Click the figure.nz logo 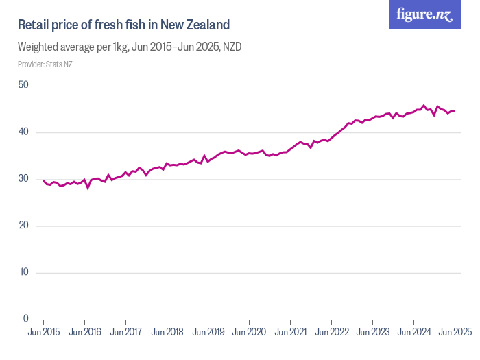424,14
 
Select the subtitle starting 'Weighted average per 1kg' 130,47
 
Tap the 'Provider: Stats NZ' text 45,64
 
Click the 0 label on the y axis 25,319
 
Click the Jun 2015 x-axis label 43,333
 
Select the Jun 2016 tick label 84,333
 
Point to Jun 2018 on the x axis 167,333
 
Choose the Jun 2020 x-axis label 249,333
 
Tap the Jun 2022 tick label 331,333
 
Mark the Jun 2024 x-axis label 413,333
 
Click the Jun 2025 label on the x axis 455,333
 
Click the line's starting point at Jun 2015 43,181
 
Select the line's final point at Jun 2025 454,110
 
